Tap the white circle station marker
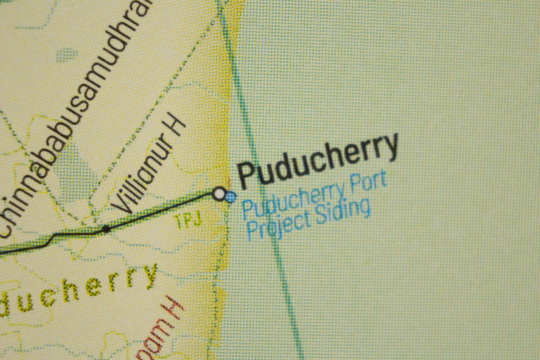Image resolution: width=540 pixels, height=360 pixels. [219, 193]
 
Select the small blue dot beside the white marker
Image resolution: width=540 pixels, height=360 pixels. [230, 197]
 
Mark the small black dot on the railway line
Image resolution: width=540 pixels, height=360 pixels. [106, 229]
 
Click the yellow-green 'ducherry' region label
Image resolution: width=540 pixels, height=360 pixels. [77, 290]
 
